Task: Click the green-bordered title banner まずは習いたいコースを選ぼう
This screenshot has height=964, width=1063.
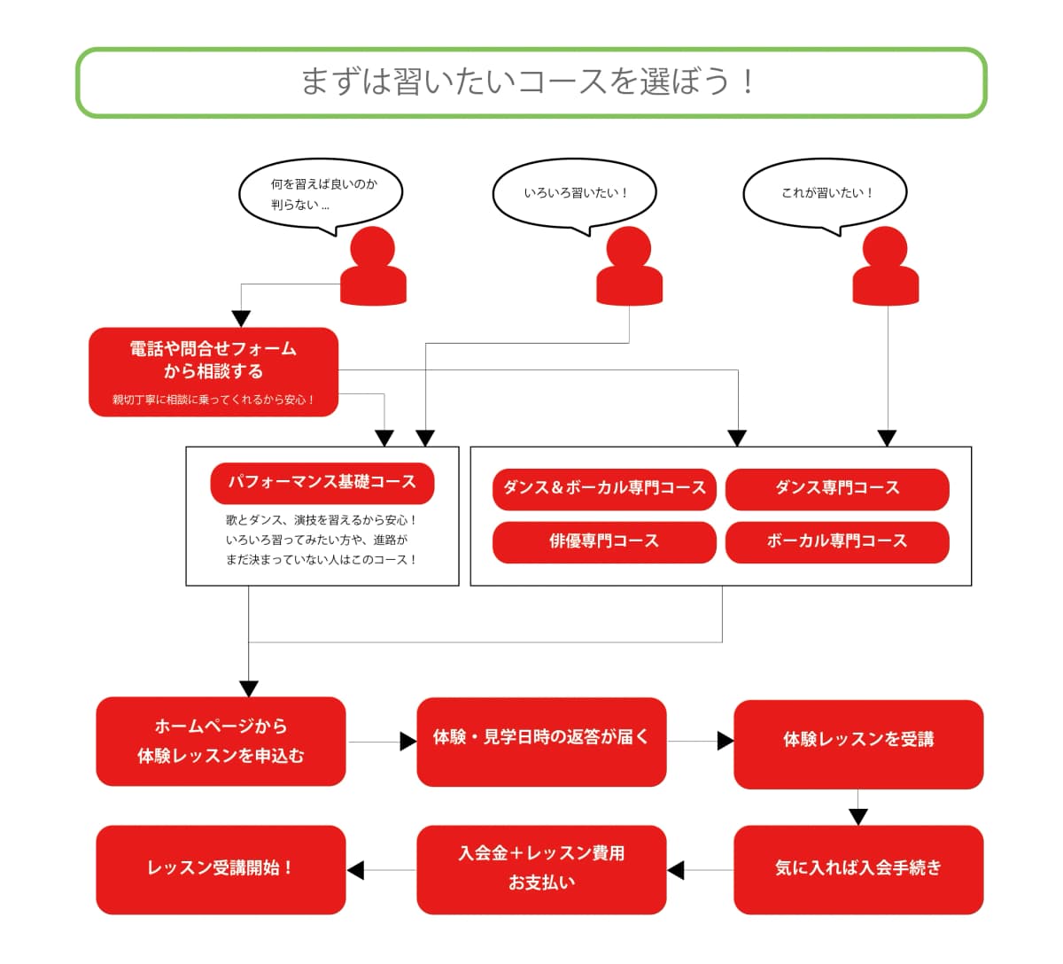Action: coord(531,82)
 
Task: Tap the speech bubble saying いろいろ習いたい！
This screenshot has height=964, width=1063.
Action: coord(574,193)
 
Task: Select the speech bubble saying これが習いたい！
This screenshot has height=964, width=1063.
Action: coord(825,193)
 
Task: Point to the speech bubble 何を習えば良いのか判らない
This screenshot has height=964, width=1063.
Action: coord(321,194)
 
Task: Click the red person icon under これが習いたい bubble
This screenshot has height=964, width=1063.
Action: coord(885,267)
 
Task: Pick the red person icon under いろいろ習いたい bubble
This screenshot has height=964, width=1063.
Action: coord(629,267)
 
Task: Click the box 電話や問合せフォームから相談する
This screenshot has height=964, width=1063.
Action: coord(213,372)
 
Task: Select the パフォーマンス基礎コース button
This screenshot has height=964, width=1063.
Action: coord(322,483)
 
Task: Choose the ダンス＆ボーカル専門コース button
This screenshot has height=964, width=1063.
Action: coord(604,489)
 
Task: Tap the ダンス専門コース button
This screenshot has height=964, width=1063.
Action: coord(837,489)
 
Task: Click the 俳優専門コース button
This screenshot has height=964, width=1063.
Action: coord(604,541)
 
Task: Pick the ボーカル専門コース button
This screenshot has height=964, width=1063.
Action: coord(837,541)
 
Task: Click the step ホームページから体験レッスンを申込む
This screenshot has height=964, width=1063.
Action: coord(221,742)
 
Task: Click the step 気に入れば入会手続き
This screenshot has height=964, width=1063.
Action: coord(858,869)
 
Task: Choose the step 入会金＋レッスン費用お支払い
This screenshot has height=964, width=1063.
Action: coord(541,869)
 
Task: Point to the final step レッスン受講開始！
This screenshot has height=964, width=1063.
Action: coord(221,869)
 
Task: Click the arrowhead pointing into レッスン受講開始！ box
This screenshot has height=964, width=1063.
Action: coord(355,870)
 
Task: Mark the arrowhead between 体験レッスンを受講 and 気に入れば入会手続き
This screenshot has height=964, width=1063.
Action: coord(857,816)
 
